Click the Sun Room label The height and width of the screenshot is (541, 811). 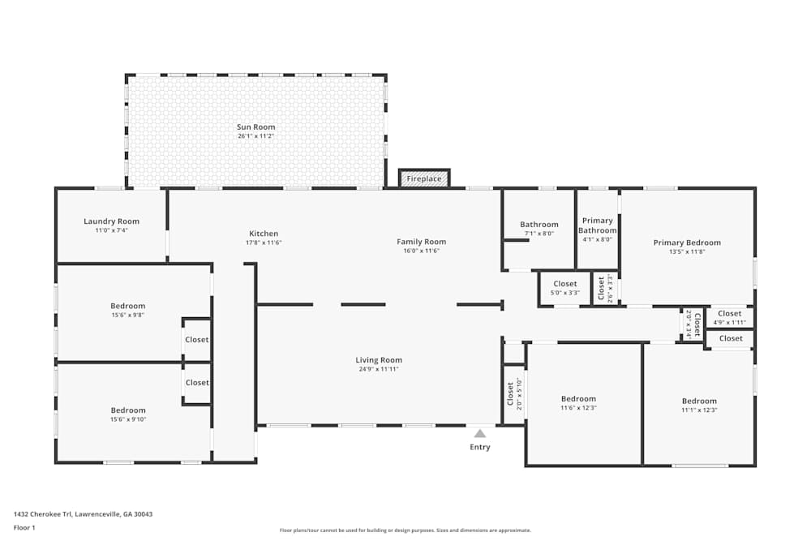[x=255, y=127]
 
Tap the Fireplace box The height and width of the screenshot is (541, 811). [x=424, y=178]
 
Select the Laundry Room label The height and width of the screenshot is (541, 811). [x=111, y=221]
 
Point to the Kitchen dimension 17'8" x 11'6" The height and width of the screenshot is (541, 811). [x=264, y=243]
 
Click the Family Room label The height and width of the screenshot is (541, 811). [x=421, y=242]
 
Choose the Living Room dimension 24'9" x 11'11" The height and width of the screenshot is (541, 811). [x=379, y=369]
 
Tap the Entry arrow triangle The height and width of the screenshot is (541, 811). [x=480, y=434]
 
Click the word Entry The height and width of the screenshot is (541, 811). [x=480, y=447]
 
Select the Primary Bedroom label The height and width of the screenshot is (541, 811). [x=687, y=243]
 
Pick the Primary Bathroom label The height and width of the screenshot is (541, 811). [x=597, y=225]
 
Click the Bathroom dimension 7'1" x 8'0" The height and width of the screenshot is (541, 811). [x=539, y=234]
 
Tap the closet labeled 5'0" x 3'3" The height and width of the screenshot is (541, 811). [x=565, y=288]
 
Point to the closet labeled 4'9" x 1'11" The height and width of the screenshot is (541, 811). [x=729, y=318]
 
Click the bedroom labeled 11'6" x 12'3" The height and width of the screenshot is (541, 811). [x=578, y=403]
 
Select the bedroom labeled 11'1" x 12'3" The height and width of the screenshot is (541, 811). [x=699, y=406]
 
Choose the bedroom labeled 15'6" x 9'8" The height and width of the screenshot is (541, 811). [x=128, y=311]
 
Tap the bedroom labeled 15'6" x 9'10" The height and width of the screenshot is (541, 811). [x=128, y=414]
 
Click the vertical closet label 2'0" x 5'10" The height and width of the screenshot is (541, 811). [x=514, y=393]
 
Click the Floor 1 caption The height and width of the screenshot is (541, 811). [x=24, y=527]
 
